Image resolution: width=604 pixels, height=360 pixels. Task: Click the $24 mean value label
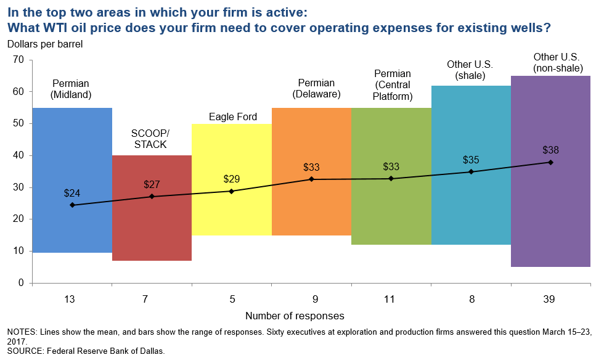[x=72, y=192]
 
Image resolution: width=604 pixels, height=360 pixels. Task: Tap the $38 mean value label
[x=550, y=150]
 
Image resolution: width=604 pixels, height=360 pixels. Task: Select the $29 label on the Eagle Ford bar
[x=232, y=179]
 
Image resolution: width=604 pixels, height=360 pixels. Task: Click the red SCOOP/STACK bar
[x=152, y=228]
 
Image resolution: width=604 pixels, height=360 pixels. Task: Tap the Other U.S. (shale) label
[x=471, y=70]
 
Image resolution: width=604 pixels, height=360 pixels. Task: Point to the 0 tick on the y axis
[x=20, y=283]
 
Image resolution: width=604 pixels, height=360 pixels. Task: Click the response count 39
[x=550, y=300]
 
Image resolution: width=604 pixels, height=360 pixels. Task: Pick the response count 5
[x=232, y=300]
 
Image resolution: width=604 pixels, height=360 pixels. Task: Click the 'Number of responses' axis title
[x=295, y=316]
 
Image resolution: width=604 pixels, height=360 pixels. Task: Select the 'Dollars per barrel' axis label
[x=45, y=44]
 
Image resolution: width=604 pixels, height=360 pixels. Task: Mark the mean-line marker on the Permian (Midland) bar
[x=72, y=205]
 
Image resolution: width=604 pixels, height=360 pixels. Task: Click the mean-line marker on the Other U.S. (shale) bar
[x=471, y=171]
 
